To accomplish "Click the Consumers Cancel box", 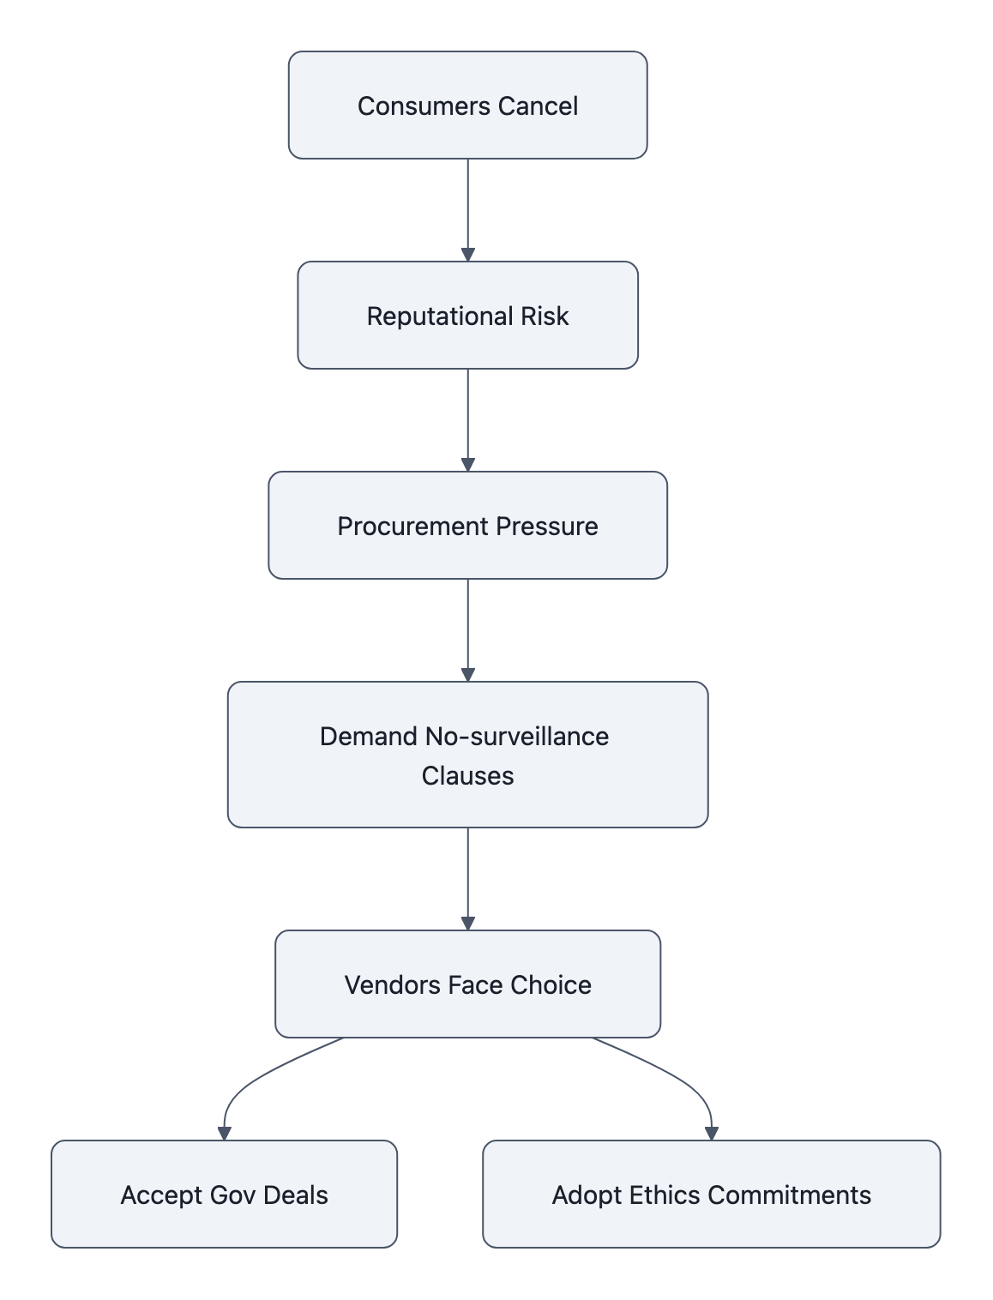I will (x=467, y=105).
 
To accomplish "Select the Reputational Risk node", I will (x=467, y=316).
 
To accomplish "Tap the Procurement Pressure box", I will (x=467, y=526).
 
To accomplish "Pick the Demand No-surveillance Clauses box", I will (x=467, y=755).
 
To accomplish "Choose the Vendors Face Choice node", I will (x=467, y=984).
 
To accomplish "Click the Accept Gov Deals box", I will (x=224, y=1195).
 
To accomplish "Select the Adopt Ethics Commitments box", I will (x=711, y=1195).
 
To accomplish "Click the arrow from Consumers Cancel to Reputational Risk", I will (x=467, y=210).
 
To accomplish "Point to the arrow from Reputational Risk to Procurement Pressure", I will (x=467, y=420).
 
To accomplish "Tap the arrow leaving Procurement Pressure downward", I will (x=467, y=630).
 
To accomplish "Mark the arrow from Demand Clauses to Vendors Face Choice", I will (x=467, y=879).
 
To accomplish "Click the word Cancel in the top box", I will (x=538, y=106).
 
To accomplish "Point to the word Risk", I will (x=545, y=316).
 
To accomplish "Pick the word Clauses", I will (x=467, y=776).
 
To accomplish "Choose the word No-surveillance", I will (x=516, y=737).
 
